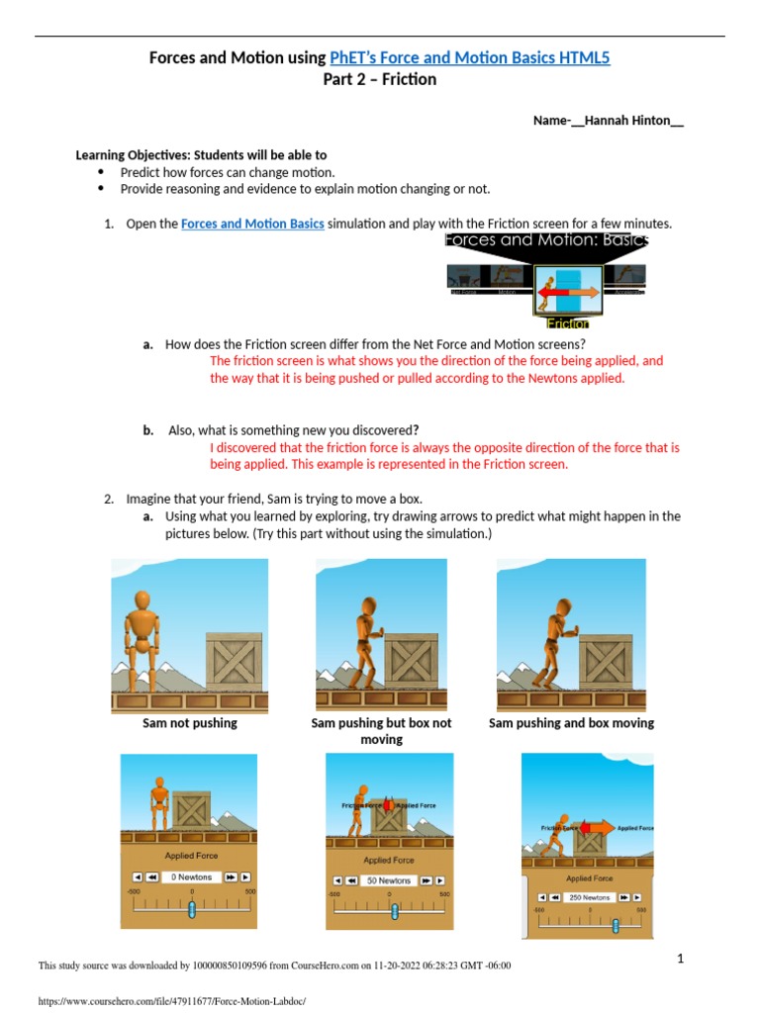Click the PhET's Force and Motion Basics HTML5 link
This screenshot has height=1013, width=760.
pyautogui.click(x=470, y=58)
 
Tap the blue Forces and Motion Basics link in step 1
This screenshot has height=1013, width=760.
pyautogui.click(x=252, y=224)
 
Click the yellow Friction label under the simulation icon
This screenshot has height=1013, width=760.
pyautogui.click(x=568, y=323)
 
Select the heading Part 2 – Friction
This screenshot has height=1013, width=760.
pyautogui.click(x=379, y=80)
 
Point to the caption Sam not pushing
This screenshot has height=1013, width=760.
pyautogui.click(x=190, y=723)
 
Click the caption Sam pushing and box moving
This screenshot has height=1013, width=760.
pyautogui.click(x=571, y=723)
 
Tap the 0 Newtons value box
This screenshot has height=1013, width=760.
pyautogui.click(x=192, y=876)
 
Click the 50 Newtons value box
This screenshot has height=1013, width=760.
pyautogui.click(x=389, y=880)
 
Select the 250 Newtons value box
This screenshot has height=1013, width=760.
pyautogui.click(x=589, y=897)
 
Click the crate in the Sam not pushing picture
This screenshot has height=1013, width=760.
pyautogui.click(x=234, y=662)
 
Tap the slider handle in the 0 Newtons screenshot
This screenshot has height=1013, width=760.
pyautogui.click(x=192, y=908)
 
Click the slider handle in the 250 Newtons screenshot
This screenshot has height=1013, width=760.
pyautogui.click(x=616, y=926)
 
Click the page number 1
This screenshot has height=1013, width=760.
pyautogui.click(x=681, y=958)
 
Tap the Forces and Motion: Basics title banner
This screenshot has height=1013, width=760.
pyautogui.click(x=546, y=240)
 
